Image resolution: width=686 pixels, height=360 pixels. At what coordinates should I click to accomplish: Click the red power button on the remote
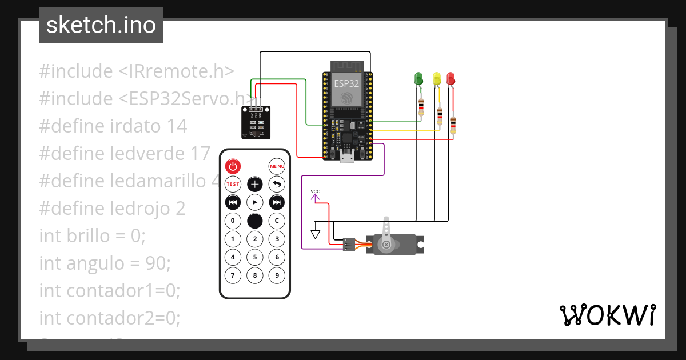pyautogui.click(x=233, y=166)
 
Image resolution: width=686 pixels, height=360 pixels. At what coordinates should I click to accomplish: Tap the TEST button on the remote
pyautogui.click(x=233, y=184)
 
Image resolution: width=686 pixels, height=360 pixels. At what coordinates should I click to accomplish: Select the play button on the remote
pyautogui.click(x=254, y=202)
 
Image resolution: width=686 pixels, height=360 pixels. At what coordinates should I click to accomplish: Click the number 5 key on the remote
pyautogui.click(x=254, y=257)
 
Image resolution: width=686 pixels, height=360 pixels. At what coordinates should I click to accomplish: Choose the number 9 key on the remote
pyautogui.click(x=277, y=275)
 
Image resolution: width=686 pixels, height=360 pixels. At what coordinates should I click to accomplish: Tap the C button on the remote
pyautogui.click(x=277, y=221)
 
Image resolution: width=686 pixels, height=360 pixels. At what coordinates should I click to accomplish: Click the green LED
pyautogui.click(x=418, y=78)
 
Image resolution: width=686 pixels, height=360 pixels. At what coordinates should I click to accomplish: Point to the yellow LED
pyautogui.click(x=437, y=78)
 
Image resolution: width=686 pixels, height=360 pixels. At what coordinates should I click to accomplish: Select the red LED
pyautogui.click(x=450, y=78)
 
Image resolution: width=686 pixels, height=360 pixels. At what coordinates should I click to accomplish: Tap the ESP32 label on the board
pyautogui.click(x=346, y=83)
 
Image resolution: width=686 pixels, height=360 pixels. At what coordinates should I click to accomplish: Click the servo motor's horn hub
pyautogui.click(x=386, y=245)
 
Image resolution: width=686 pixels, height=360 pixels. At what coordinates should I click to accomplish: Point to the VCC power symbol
pyautogui.click(x=315, y=195)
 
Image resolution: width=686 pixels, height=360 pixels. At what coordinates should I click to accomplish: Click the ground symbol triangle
pyautogui.click(x=315, y=234)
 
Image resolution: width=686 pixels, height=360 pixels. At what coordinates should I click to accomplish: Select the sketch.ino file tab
pyautogui.click(x=101, y=25)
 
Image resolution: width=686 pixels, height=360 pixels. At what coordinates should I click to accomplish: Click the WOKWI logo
pyautogui.click(x=607, y=315)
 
